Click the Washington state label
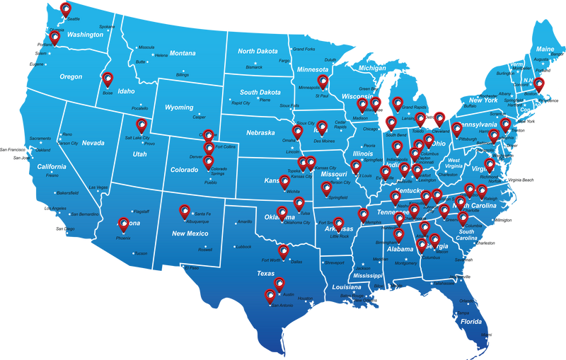[85, 35]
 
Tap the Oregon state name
[71, 77]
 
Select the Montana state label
[183, 53]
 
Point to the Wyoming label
[179, 108]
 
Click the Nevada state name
[93, 143]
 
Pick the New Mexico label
[190, 233]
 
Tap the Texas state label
[265, 273]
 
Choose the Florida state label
[471, 322]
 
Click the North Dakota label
[258, 51]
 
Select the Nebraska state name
[260, 132]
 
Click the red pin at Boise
[108, 79]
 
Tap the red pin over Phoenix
[124, 224]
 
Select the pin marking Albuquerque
[185, 211]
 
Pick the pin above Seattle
[65, 8]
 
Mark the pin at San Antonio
[270, 296]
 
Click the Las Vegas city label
[98, 187]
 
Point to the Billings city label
[182, 74]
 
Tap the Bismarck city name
[253, 67]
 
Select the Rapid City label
[241, 103]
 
